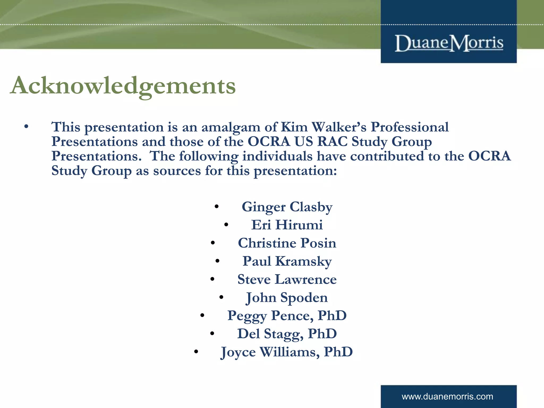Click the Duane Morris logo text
coord(449,43)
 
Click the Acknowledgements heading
coord(123,86)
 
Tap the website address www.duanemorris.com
coord(447,397)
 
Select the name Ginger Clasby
coord(287,207)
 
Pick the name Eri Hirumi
coord(287,225)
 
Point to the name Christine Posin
coord(287,243)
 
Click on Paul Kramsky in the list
coord(287,261)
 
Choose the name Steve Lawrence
coord(287,279)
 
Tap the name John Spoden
coord(287,297)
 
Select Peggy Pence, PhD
coord(287,316)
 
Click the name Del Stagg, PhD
coord(287,334)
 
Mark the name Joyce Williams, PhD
coord(287,352)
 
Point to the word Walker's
coord(339,127)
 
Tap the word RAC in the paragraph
coord(332,142)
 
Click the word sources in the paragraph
coord(177,171)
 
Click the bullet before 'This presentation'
coord(26,127)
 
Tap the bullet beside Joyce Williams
coord(196,352)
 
